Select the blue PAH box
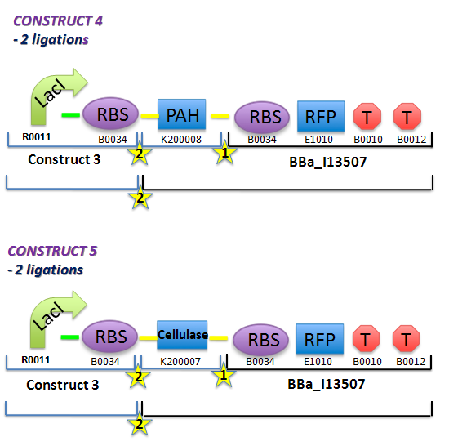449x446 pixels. [182, 114]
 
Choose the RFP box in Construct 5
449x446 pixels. [321, 339]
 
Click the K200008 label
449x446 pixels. [182, 140]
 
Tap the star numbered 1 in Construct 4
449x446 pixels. [223, 153]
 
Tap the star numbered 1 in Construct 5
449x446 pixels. [223, 376]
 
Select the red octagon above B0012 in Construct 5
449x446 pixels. [407, 340]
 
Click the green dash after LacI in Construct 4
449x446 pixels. [71, 115]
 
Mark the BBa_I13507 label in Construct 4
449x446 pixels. [323, 160]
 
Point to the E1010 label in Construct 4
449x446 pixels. [321, 140]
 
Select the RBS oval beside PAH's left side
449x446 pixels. [113, 115]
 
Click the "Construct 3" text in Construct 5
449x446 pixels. [64, 382]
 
